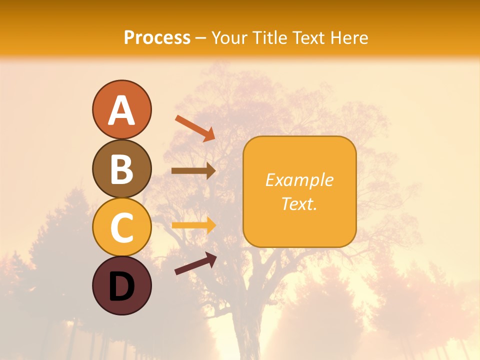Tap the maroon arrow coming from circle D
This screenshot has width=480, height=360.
tap(195, 263)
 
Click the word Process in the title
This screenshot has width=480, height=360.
tap(157, 38)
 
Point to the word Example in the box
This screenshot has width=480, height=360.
tap(299, 180)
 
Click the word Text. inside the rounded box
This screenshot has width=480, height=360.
tap(299, 203)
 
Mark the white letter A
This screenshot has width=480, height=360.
tap(121, 110)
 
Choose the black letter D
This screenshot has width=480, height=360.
tap(121, 286)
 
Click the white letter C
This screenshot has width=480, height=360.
tap(121, 227)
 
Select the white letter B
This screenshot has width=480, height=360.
tap(121, 168)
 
